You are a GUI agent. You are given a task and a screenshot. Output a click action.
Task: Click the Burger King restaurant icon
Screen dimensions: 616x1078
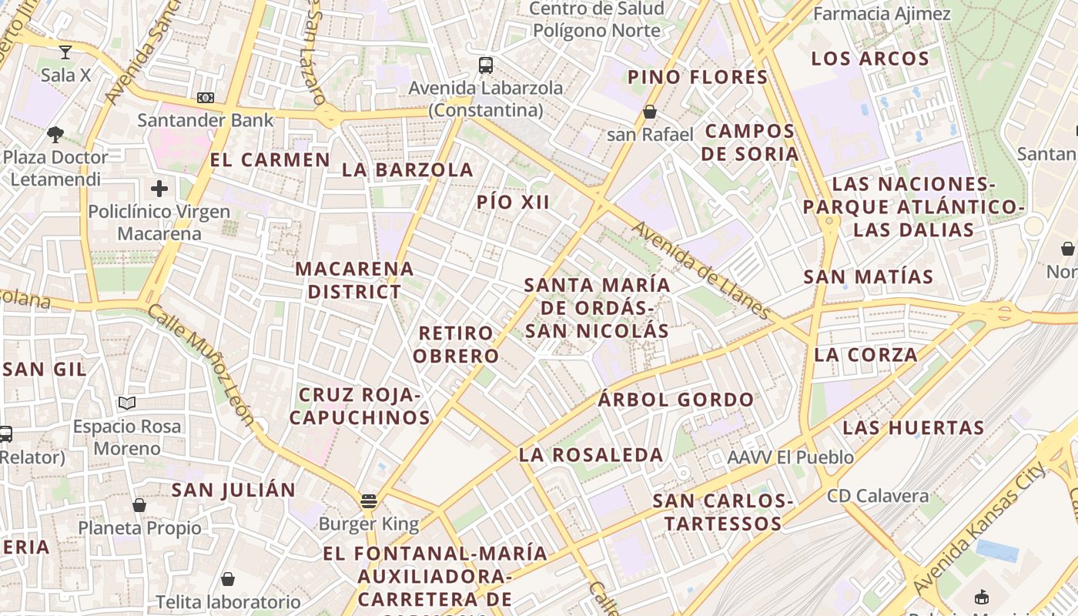click(x=369, y=501)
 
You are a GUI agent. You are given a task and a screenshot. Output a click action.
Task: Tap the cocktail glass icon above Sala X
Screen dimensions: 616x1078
click(x=65, y=52)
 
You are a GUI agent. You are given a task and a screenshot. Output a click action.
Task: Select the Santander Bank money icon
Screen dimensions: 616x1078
click(x=206, y=98)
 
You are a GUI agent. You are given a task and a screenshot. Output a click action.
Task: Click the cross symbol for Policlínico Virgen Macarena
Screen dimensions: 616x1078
click(x=159, y=188)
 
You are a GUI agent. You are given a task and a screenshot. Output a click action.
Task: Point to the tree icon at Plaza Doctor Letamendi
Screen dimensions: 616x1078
click(x=55, y=135)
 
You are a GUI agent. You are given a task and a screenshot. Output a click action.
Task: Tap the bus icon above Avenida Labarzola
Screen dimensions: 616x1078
click(x=485, y=65)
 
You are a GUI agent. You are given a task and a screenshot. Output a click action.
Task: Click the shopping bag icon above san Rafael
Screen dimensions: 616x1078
click(x=650, y=112)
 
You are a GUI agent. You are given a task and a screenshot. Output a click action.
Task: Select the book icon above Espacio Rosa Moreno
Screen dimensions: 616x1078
click(x=127, y=403)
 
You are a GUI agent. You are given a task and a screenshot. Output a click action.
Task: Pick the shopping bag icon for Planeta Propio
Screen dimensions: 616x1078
click(x=139, y=505)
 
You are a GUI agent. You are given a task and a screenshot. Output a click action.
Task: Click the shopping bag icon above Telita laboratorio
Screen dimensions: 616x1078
click(x=228, y=578)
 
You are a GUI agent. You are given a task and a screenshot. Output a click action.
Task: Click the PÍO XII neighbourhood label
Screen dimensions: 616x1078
click(x=514, y=203)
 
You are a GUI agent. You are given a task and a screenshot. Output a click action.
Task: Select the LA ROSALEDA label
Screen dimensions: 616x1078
click(x=591, y=455)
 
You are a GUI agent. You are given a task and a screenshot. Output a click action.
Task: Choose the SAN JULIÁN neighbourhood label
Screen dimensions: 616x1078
click(x=233, y=490)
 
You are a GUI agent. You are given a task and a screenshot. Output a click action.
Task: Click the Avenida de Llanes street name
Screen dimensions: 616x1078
click(x=701, y=270)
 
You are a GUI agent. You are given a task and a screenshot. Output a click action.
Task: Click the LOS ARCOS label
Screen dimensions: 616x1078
click(x=870, y=59)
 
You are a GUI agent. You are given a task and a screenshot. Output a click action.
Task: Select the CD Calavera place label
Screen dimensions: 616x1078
click(x=878, y=496)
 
